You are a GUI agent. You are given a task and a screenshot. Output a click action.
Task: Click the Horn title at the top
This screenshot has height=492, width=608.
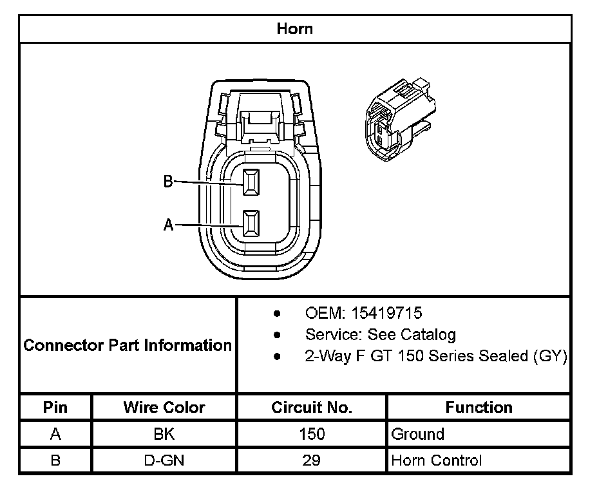[294, 29]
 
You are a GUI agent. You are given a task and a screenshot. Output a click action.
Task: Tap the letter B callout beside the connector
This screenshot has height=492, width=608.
[168, 182]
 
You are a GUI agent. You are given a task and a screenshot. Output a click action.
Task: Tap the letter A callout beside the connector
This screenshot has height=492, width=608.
[169, 225]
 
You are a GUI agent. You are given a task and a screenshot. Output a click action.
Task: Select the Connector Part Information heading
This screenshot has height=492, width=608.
[128, 345]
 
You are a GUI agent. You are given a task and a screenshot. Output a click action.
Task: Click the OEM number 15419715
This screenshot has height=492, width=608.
[385, 314]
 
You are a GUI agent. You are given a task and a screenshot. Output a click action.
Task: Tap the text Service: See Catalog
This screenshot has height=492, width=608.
[380, 335]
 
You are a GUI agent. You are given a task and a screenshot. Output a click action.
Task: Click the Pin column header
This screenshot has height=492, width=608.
[55, 408]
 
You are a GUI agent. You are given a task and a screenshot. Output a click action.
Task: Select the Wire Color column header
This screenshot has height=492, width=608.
[164, 408]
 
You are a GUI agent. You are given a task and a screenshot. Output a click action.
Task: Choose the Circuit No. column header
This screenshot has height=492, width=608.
[312, 408]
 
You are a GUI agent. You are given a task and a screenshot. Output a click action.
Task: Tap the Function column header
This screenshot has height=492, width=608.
[479, 408]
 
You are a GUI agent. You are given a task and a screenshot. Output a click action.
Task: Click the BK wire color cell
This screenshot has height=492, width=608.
[164, 434]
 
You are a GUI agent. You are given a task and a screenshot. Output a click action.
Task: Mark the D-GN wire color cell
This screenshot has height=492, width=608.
[164, 460]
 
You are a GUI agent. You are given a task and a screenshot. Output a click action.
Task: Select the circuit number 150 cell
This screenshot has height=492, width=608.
[312, 434]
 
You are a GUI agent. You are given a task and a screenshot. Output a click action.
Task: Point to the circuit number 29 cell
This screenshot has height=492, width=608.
[312, 460]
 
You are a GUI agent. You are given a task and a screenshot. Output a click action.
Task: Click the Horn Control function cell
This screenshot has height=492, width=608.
[436, 460]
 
